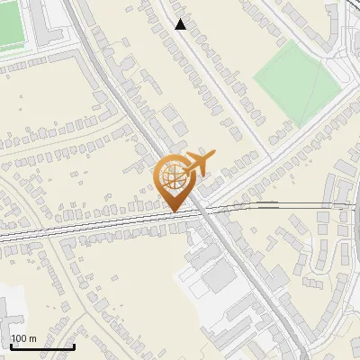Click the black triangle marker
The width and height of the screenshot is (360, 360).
pyautogui.click(x=181, y=24)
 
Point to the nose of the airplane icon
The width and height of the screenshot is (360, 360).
pyautogui.click(x=213, y=156)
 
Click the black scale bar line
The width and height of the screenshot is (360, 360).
pyautogui.click(x=41, y=346)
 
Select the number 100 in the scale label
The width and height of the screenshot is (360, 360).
pyautogui.click(x=18, y=338)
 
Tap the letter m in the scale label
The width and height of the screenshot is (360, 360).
pyautogui.click(x=31, y=338)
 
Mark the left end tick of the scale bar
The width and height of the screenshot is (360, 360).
pyautogui.click(x=10, y=345)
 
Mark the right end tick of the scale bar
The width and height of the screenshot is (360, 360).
pyautogui.click(x=74, y=345)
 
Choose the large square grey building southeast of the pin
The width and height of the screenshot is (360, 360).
pyautogui.click(x=218, y=278)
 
